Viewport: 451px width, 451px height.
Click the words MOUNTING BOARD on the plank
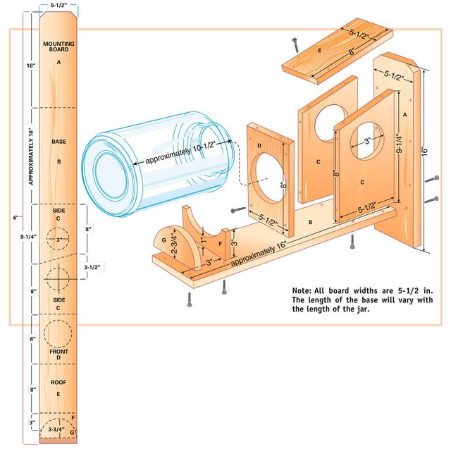[x=59, y=47]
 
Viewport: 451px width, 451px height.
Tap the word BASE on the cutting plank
[x=59, y=142]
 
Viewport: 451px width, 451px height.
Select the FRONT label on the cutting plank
[x=59, y=350]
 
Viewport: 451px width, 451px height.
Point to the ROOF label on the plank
[x=58, y=382]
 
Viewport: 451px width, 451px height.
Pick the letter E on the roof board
[x=320, y=51]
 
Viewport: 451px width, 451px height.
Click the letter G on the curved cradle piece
[x=164, y=240]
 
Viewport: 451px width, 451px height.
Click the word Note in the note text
[x=303, y=290]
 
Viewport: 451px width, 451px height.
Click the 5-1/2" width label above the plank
[x=58, y=6]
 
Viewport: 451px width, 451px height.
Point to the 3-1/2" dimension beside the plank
[x=93, y=266]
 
